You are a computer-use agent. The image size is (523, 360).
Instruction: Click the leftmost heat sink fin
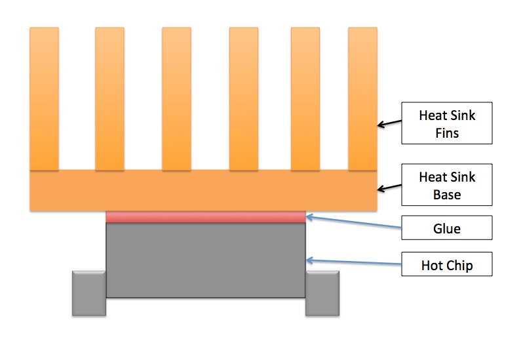pyautogui.click(x=44, y=98)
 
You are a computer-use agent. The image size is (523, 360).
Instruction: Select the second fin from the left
pyautogui.click(x=109, y=98)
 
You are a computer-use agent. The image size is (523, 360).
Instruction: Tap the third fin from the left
pyautogui.click(x=176, y=98)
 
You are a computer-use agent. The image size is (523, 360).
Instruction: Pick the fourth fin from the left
pyautogui.click(x=243, y=98)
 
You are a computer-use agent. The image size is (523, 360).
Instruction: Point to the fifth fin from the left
pyautogui.click(x=305, y=98)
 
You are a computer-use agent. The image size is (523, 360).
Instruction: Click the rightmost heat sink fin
pyautogui.click(x=362, y=98)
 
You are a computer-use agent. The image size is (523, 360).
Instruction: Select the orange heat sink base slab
pyautogui.click(x=203, y=191)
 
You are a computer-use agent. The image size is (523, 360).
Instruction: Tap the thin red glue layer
pyautogui.click(x=206, y=217)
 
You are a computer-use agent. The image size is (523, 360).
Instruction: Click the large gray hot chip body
pyautogui.click(x=206, y=260)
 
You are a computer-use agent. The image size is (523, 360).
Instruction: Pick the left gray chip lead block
pyautogui.click(x=88, y=293)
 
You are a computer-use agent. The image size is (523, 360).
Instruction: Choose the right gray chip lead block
pyautogui.click(x=322, y=293)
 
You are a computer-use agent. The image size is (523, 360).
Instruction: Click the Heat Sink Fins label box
pyautogui.click(x=446, y=123)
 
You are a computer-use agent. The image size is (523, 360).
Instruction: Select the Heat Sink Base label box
pyautogui.click(x=446, y=186)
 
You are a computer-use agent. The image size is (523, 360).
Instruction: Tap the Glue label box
pyautogui.click(x=446, y=229)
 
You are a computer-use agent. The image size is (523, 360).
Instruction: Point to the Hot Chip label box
pyautogui.click(x=446, y=266)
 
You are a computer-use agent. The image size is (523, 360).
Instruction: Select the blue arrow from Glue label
pyautogui.click(x=354, y=222)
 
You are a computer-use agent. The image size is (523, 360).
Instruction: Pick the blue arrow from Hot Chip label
pyautogui.click(x=354, y=262)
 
